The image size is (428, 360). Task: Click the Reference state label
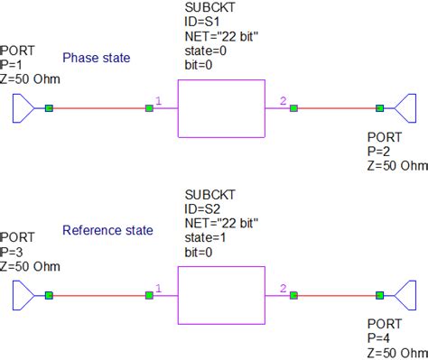[105, 230]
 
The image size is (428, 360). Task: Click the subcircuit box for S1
[220, 108]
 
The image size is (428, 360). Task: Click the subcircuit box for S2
[220, 295]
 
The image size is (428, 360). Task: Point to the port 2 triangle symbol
[403, 108]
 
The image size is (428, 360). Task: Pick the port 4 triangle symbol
[403, 295]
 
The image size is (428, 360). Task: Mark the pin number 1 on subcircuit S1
[159, 101]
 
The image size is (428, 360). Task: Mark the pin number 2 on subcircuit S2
[283, 288]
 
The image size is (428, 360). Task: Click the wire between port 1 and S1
[99, 108]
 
